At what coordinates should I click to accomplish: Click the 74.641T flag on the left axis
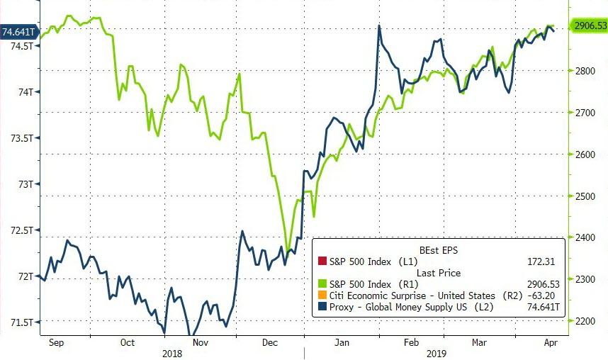coord(18,31)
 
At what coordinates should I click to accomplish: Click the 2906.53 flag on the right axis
coord(589,26)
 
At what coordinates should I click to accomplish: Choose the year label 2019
coord(437,352)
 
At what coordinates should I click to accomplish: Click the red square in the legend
coord(322,261)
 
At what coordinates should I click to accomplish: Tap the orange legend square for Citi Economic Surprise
coord(322,295)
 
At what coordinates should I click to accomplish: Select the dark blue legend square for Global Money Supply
coord(322,306)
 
